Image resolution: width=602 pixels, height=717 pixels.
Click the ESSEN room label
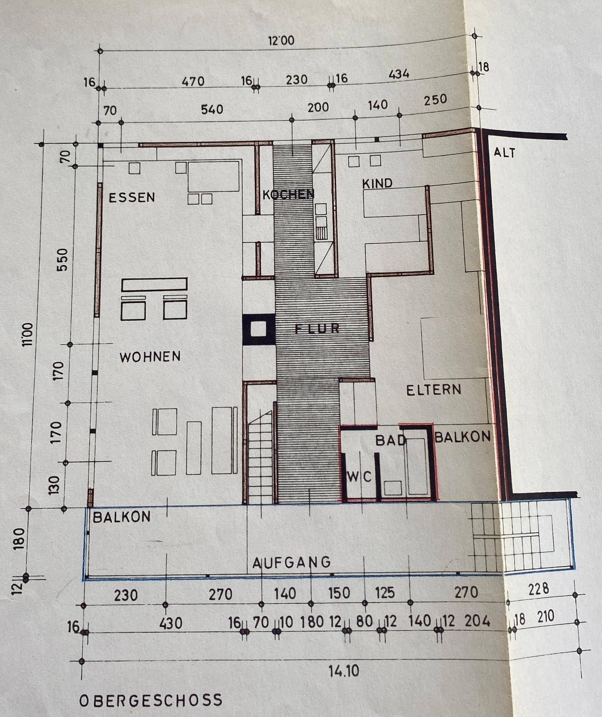(x=132, y=197)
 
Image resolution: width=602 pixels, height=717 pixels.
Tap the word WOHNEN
(x=150, y=357)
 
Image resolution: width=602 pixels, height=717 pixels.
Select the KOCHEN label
(x=288, y=194)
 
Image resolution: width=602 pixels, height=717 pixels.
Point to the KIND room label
(x=377, y=183)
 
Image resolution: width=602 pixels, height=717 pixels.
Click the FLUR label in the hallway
(x=317, y=329)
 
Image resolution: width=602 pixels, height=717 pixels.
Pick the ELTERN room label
(x=434, y=390)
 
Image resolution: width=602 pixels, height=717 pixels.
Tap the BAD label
(x=390, y=441)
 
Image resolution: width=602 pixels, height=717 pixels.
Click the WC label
(x=359, y=477)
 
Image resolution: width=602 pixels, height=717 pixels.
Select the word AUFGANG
(x=291, y=562)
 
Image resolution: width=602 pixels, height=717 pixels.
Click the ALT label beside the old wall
(x=504, y=152)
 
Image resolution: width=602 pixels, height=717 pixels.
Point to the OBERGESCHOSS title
(x=151, y=700)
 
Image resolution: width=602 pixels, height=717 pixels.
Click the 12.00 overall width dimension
(x=281, y=40)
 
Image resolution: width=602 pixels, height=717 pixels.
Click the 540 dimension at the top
(x=212, y=109)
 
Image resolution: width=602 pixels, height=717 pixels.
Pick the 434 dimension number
(x=399, y=74)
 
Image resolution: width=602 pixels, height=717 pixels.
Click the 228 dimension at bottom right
(x=538, y=590)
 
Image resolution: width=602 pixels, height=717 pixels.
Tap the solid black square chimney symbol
(x=258, y=329)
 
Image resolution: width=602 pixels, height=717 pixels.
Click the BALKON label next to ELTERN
(x=463, y=436)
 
